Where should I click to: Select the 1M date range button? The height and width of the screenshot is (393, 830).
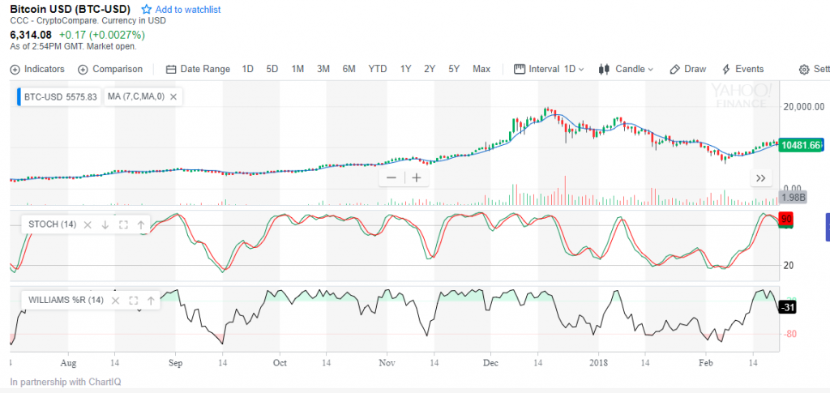coord(297,69)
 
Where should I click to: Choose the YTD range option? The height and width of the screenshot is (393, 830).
coord(378,69)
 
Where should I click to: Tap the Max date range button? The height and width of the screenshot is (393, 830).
coord(481,69)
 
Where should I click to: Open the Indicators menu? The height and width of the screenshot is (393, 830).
coord(37,69)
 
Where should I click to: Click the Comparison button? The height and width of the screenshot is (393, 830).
coord(110,69)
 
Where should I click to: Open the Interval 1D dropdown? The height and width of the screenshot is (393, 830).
coord(550,69)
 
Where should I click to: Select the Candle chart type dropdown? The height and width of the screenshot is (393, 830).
coord(627,69)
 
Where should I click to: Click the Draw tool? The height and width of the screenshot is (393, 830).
coord(688,69)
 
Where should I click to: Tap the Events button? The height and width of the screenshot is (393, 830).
coord(742,69)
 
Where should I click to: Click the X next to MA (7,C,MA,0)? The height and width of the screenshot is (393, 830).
coord(173,96)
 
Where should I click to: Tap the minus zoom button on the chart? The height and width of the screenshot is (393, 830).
coord(391,177)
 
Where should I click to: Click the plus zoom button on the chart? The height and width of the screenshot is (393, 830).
coord(417,177)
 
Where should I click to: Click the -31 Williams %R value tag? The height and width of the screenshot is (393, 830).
coord(787,307)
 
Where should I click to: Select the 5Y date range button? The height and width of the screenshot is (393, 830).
coord(454,69)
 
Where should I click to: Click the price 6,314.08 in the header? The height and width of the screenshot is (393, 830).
coord(31,35)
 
